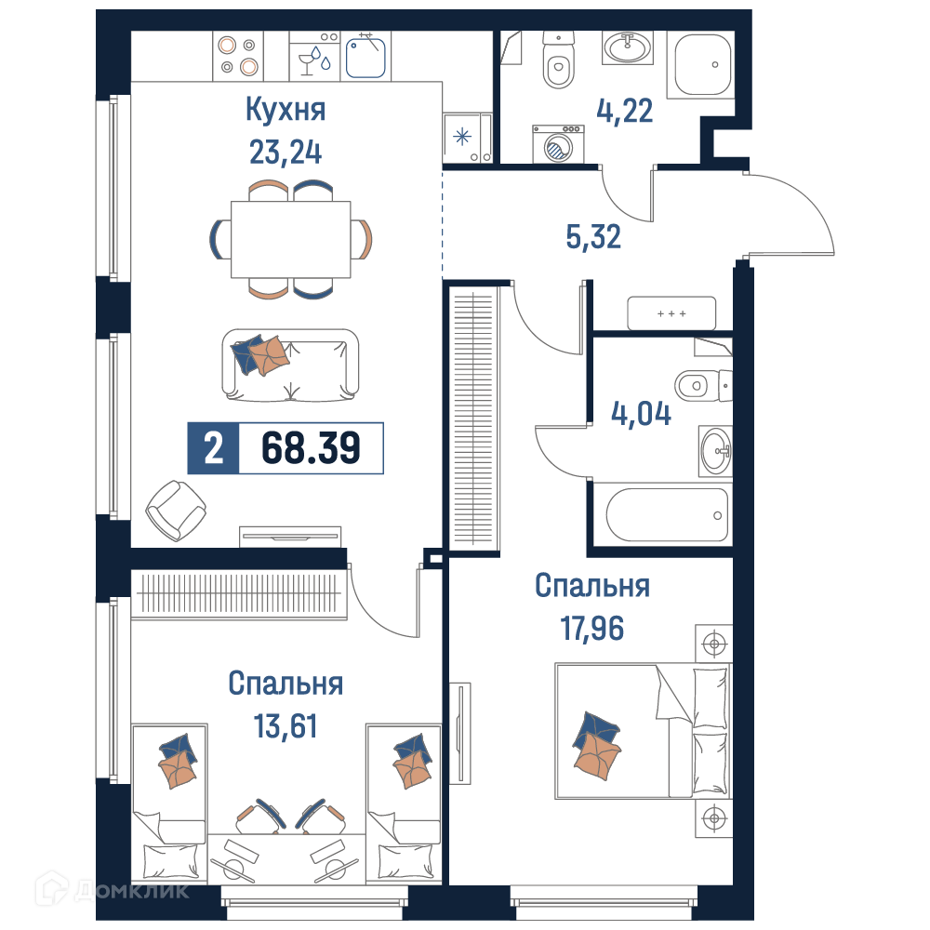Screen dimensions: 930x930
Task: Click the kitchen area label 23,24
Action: [x=286, y=153]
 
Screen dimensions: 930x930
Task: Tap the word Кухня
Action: [x=286, y=110]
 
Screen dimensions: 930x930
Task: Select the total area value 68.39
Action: [x=311, y=448]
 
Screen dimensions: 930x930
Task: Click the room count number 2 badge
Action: [x=214, y=448]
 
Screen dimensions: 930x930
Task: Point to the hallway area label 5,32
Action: [x=593, y=236]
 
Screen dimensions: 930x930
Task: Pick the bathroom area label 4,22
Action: [x=625, y=111]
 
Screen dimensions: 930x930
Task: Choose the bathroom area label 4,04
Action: [x=641, y=414]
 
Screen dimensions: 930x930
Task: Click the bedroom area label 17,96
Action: [x=592, y=629]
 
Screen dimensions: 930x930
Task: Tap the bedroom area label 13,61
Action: [x=286, y=726]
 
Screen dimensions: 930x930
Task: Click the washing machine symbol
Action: [x=558, y=144]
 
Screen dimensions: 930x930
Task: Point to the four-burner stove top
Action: [x=238, y=56]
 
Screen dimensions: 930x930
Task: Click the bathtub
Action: [x=667, y=515]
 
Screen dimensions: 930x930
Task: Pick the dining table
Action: [x=290, y=240]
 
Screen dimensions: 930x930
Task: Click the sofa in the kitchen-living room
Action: [x=290, y=365]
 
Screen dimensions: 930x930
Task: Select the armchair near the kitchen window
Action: [x=176, y=511]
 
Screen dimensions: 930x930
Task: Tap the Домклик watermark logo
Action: [x=113, y=890]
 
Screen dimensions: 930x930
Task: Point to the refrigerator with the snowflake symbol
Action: [x=468, y=139]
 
